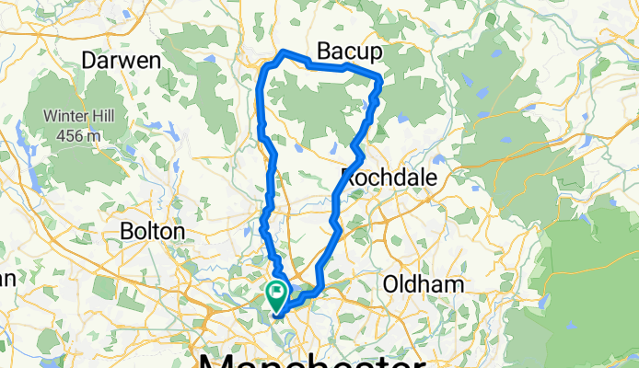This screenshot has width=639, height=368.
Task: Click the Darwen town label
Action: click(x=122, y=60)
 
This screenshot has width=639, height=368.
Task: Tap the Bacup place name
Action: click(x=348, y=50)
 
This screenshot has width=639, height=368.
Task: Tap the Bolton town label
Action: click(x=154, y=231)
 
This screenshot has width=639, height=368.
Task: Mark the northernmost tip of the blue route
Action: click(x=285, y=52)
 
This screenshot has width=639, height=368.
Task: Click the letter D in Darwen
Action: click(x=89, y=60)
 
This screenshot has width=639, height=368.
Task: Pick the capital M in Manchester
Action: click(x=215, y=358)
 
